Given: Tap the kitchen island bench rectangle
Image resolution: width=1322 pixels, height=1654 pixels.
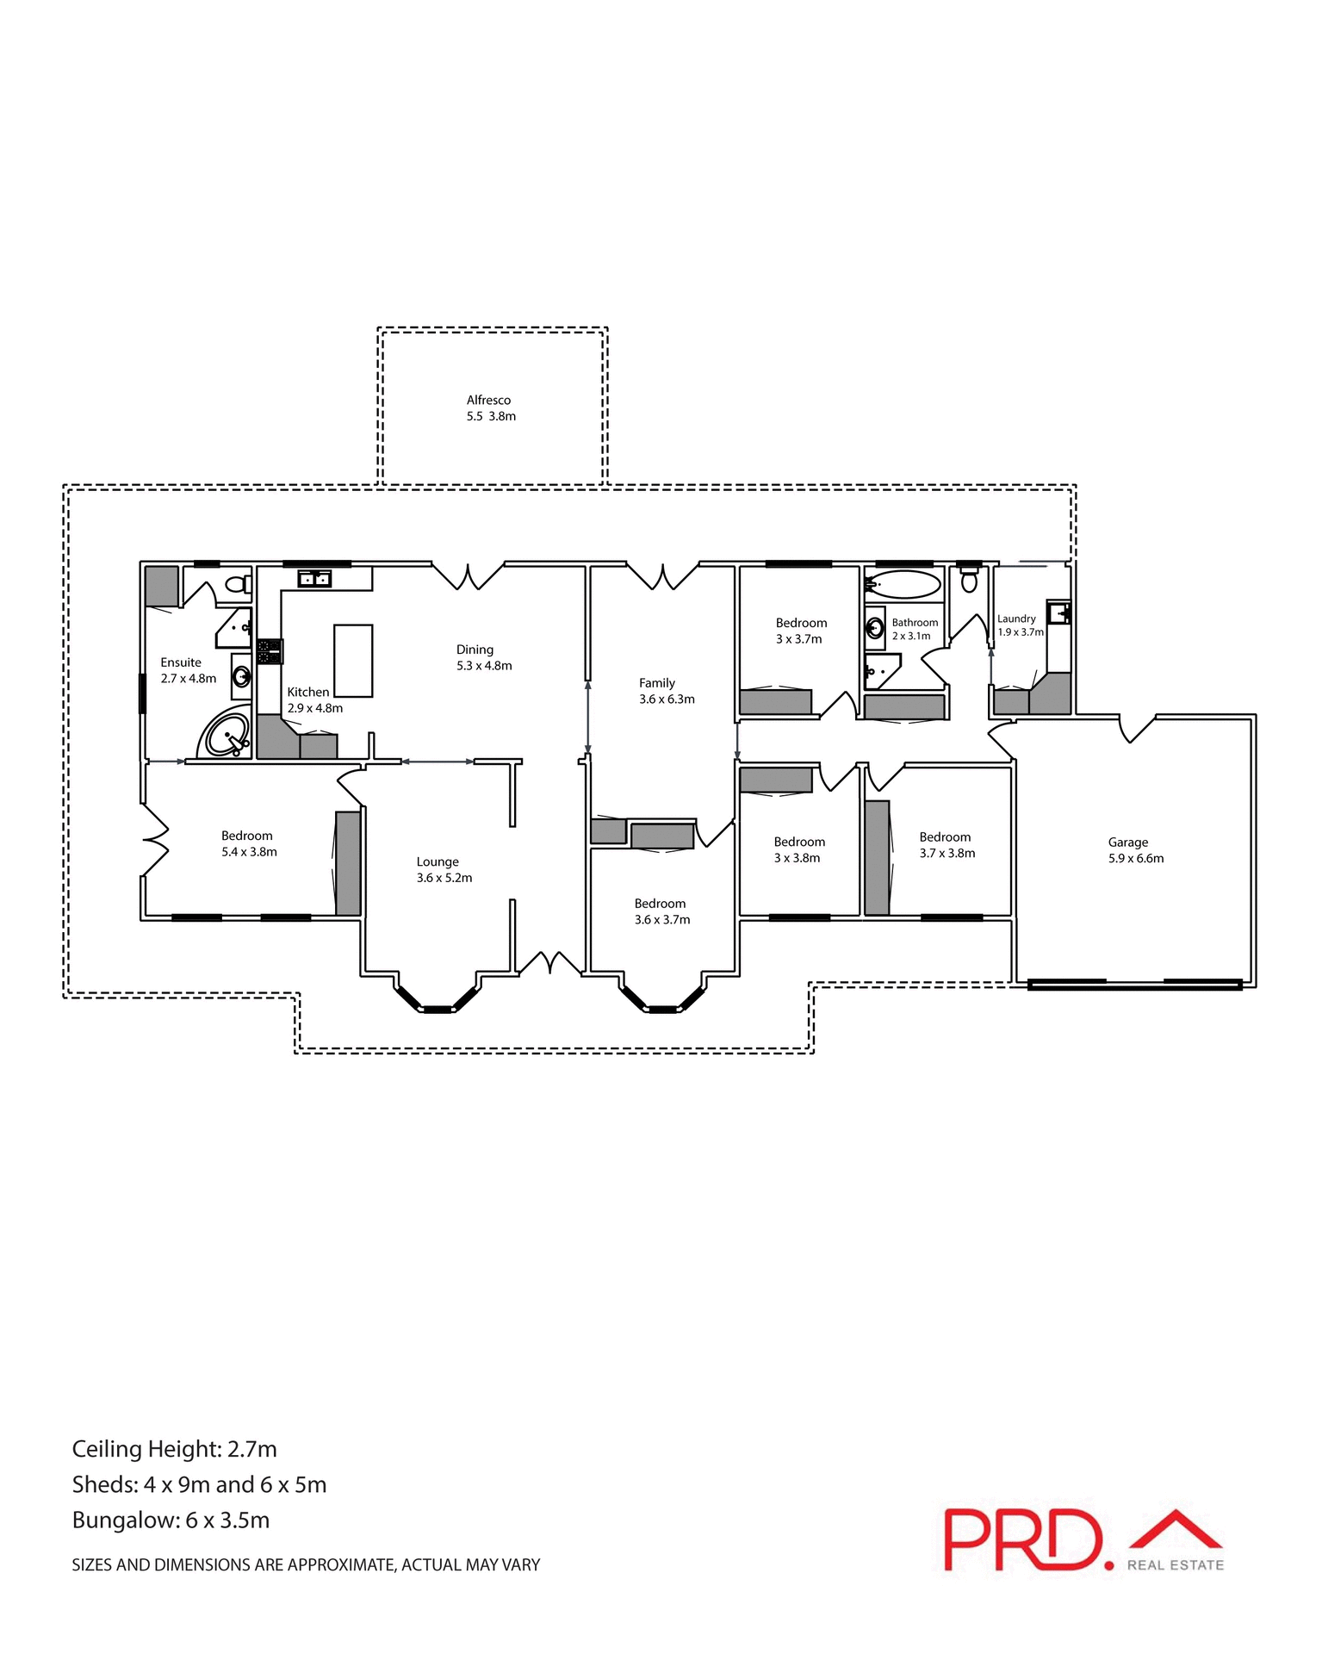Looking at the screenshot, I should (x=353, y=661).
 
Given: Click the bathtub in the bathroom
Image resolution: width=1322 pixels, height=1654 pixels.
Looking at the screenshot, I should (x=903, y=585).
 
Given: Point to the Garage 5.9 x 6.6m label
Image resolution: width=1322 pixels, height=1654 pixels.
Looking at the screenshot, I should (x=1134, y=850).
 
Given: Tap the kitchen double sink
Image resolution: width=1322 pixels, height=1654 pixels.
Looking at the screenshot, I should (x=314, y=579).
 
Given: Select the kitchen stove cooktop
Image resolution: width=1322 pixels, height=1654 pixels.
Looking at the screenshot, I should (x=270, y=651).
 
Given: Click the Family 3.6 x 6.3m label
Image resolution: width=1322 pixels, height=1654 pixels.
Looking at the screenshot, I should (x=666, y=691).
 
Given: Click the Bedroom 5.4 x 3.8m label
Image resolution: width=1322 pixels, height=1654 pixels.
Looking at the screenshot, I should (x=248, y=843).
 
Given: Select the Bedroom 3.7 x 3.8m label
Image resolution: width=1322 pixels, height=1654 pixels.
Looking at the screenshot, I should (x=947, y=845).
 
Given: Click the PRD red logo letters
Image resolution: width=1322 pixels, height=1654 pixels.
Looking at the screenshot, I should (x=1022, y=1539).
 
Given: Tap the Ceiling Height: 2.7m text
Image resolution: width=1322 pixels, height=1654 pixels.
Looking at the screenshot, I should (x=174, y=1449).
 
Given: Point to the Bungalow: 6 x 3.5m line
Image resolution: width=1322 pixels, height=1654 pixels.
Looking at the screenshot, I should (x=171, y=1520).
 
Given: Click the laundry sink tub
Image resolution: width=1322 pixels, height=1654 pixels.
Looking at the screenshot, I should (x=1058, y=612).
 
